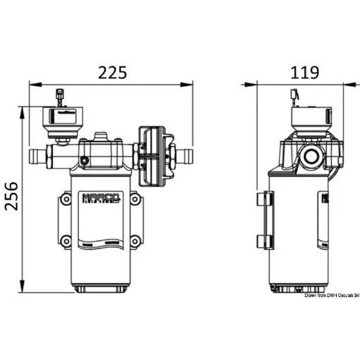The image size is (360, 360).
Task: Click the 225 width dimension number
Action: coord(112,72)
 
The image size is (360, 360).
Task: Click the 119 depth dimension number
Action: coord(304,72)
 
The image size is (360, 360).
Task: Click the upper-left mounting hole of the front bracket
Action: coord(66,200)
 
